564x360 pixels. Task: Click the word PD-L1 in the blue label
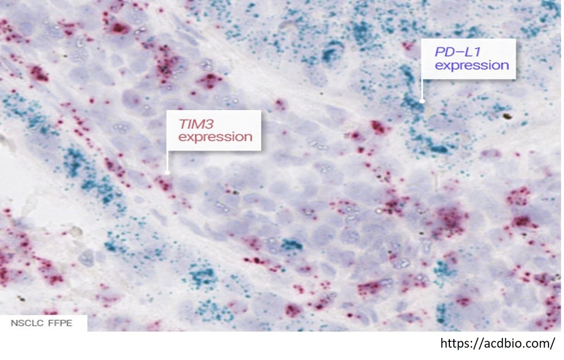point(458,52)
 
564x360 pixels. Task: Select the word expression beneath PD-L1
point(472,66)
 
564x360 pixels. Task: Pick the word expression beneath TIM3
point(215,137)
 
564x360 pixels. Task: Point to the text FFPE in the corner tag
point(59,323)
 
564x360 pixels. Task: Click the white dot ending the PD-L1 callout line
point(422,101)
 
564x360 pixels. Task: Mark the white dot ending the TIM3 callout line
point(167,173)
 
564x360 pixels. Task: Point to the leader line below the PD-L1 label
point(422,89)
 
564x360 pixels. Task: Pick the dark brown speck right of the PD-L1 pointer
point(507,116)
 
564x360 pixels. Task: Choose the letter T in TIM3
point(183,124)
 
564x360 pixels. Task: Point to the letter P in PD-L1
point(439,52)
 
